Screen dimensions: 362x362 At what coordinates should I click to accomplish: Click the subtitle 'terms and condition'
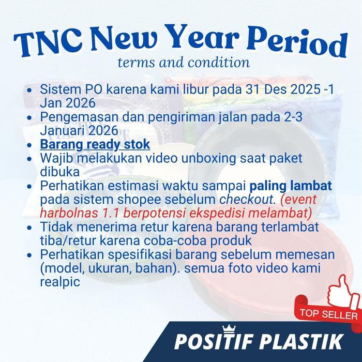184,63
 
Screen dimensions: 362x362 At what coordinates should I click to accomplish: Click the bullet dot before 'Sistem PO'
31,89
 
